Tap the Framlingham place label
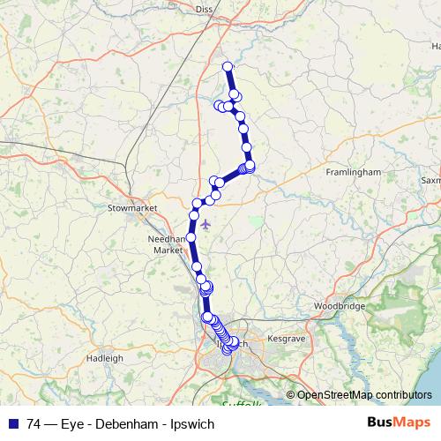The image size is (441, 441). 353,172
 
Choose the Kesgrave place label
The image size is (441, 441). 285,338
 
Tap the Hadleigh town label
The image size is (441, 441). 106,358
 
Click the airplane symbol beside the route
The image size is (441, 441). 206,223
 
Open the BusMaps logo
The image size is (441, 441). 399,422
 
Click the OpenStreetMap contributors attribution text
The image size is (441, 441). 364,395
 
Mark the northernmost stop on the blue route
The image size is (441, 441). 227,67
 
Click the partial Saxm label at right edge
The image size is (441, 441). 430,180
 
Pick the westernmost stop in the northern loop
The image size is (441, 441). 219,106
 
